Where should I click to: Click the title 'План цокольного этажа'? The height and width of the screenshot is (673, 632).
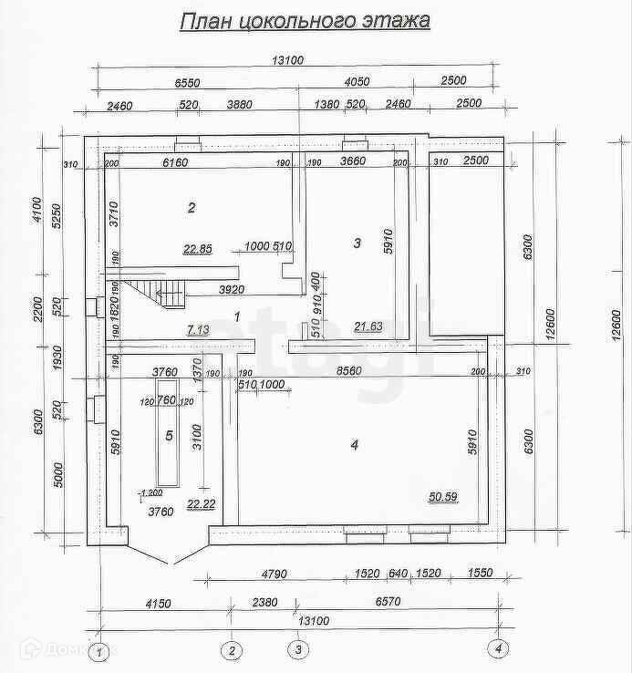304,20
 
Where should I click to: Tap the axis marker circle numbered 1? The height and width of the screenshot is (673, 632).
101,650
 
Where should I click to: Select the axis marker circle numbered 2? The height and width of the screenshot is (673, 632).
233,650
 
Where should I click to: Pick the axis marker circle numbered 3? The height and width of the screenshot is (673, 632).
297,650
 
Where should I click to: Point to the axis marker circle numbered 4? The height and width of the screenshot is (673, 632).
498,650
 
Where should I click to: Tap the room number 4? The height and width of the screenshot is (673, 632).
354,445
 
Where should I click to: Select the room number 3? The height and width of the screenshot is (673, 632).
357,243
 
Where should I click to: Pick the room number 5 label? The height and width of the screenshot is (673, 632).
169,435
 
